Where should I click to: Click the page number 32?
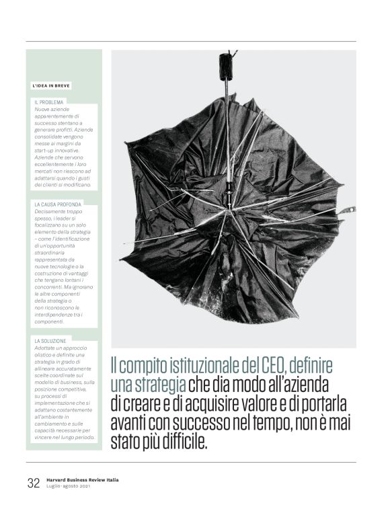34,483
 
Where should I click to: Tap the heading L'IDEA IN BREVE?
51,86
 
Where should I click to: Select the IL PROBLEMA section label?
48,102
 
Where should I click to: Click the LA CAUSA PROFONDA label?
57,204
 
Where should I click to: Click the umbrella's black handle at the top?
225,66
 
